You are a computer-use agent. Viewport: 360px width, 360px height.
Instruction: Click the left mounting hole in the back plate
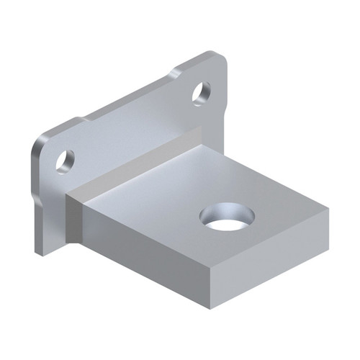point(64,160)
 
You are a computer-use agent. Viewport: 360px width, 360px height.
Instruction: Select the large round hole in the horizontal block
point(228,216)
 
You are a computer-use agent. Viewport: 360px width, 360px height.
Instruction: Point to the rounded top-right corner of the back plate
point(218,58)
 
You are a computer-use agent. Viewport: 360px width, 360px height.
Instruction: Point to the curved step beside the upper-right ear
point(176,73)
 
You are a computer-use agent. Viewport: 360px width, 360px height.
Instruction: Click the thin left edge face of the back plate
point(34,194)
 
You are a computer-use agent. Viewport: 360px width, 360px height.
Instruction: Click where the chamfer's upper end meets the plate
point(199,130)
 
